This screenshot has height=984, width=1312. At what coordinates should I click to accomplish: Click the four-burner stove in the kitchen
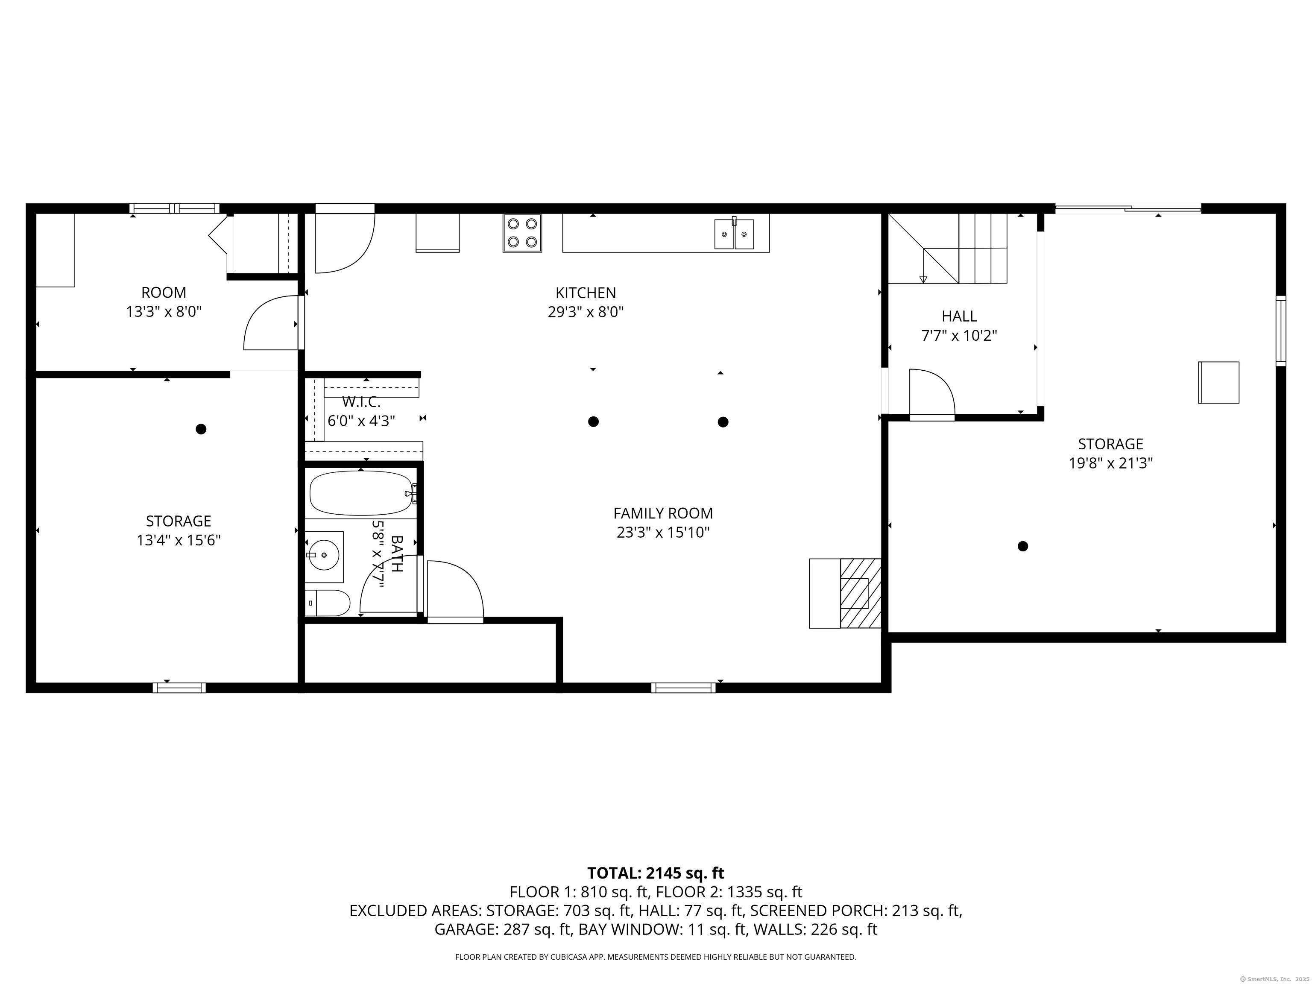coord(522,233)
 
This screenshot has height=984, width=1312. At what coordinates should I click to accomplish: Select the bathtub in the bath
coord(360,493)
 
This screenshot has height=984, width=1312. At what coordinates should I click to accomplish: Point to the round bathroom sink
coord(324,555)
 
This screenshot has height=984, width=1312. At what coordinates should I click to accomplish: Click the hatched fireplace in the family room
coord(859,593)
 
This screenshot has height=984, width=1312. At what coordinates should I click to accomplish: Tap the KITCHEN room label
coord(586,293)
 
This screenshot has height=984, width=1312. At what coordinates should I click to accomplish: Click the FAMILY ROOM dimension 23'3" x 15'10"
coord(663,533)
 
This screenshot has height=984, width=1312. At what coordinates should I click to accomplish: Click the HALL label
coord(959,316)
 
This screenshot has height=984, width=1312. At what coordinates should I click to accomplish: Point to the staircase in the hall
coord(949,249)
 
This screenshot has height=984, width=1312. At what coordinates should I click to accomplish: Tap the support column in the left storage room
coord(201,429)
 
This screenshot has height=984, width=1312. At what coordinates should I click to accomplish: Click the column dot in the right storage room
coord(1022,546)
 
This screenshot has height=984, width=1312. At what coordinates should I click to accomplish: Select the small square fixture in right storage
coord(1218,383)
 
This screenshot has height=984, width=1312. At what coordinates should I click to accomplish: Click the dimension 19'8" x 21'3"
coord(1110,463)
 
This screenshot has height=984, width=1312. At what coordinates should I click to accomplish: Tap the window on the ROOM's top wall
coord(174,208)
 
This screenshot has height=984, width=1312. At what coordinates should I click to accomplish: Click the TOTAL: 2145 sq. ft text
coord(656,873)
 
